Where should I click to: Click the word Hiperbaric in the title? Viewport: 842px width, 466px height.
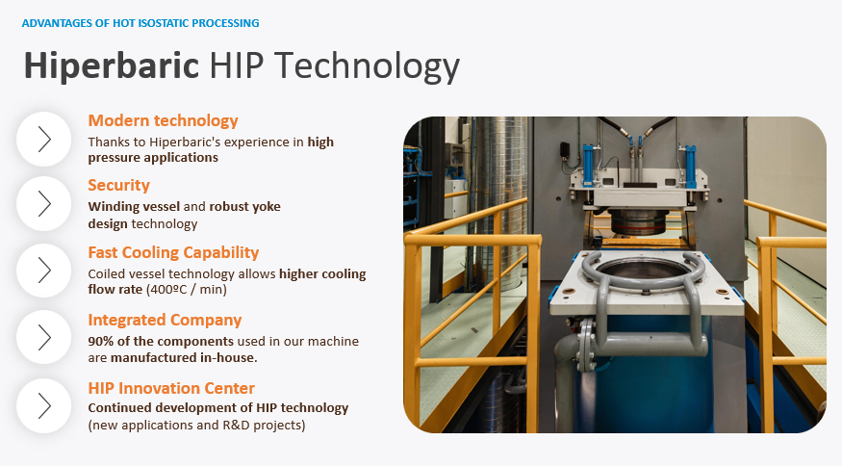point(112,65)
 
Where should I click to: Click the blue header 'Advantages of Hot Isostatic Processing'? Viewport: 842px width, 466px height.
point(140,23)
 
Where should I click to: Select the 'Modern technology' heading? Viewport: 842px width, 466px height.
point(163,120)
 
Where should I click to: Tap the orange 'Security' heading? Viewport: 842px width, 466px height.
point(118,185)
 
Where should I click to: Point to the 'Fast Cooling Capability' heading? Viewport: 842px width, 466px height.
point(173,252)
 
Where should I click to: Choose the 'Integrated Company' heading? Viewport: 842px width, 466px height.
point(165,320)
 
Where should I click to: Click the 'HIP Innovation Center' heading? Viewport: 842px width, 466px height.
point(171,388)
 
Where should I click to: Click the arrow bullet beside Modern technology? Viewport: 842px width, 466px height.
point(44,140)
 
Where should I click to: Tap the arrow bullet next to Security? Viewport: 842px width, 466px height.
point(44,204)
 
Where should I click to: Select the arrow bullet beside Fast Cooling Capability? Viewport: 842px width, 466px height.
point(44,271)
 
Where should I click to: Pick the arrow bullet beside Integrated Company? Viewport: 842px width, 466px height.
point(44,337)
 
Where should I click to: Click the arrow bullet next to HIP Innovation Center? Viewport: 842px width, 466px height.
point(44,405)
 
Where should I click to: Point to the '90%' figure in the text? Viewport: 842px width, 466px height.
point(100,341)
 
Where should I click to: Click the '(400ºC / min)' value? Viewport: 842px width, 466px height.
point(187,290)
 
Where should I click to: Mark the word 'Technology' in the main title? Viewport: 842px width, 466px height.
point(369,66)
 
